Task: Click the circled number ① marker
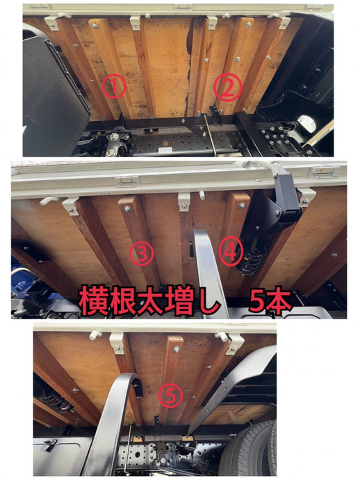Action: [x=115, y=87]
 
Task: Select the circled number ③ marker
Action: [x=142, y=254]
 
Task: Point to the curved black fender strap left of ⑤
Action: [x=115, y=417]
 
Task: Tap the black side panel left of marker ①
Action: [x=52, y=90]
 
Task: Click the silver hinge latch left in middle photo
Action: [x=126, y=180]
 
